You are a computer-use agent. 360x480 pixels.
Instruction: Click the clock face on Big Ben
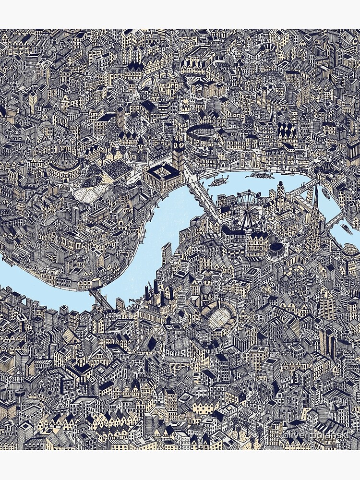click(x=179, y=143)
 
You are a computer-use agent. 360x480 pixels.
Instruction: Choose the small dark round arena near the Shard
click(x=276, y=250)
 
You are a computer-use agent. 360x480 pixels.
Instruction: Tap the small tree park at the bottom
click(x=250, y=439)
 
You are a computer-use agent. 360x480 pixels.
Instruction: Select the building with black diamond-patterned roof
click(x=286, y=130)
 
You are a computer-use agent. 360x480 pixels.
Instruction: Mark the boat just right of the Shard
click(x=346, y=229)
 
